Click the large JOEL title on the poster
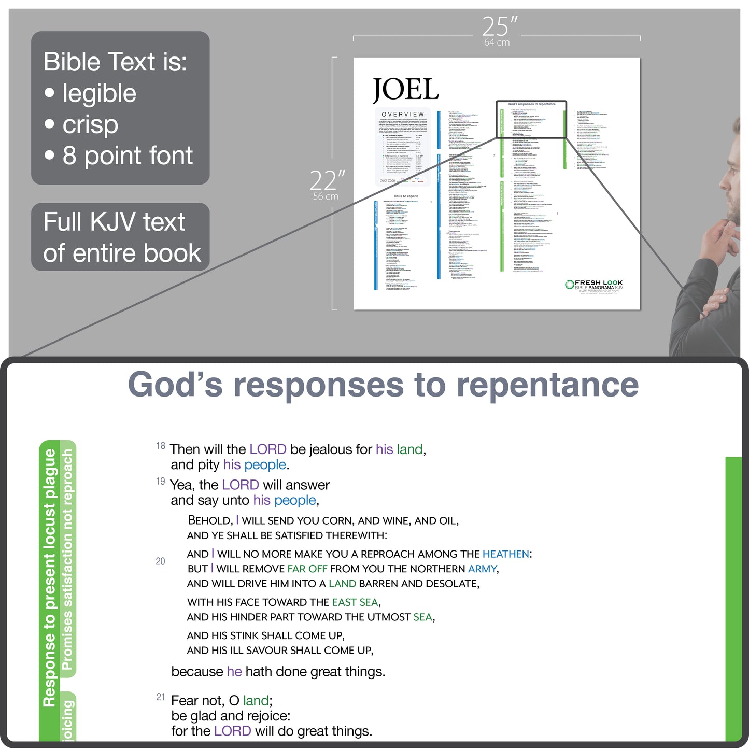point(406,90)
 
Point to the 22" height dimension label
point(327,181)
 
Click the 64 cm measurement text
point(497,43)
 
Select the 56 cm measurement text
point(326,197)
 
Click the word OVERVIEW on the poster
point(403,114)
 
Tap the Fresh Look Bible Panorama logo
point(594,286)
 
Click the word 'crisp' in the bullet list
point(90,124)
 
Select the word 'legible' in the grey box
point(100,93)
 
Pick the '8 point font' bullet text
point(128,156)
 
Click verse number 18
point(161,446)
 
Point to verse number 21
point(161,697)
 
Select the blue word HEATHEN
point(505,554)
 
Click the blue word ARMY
point(482,569)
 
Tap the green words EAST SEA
point(355,602)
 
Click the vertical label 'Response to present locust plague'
point(50,578)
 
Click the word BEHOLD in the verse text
point(210,520)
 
